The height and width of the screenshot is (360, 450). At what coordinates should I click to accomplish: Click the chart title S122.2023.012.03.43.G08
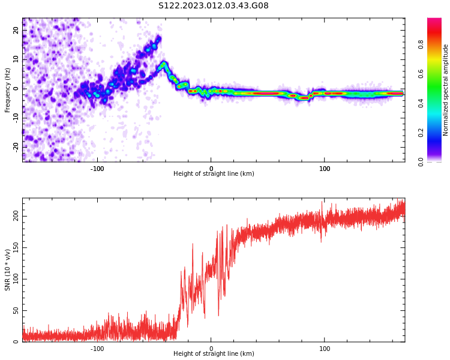point(214,6)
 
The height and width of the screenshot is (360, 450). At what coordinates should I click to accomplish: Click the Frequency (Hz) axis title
point(8,90)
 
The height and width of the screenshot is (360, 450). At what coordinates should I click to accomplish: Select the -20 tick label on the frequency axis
point(16,146)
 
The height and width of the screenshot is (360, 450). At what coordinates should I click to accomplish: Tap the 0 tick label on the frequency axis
point(16,89)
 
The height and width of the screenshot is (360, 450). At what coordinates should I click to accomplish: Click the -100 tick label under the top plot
point(97,168)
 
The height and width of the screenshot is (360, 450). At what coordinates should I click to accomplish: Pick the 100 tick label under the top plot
point(325,168)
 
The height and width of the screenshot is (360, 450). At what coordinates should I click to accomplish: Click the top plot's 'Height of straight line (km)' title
point(214,174)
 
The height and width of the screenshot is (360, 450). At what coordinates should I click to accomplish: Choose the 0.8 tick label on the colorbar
point(437,44)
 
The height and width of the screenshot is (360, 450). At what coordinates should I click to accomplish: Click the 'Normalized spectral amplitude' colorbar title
point(446,90)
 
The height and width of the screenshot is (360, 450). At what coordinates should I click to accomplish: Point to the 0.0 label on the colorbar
point(437,161)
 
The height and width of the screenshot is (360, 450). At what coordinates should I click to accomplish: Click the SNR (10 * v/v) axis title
point(8,270)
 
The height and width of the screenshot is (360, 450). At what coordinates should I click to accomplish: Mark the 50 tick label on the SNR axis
point(16,311)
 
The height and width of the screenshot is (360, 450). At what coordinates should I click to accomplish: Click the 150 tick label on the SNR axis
point(16,248)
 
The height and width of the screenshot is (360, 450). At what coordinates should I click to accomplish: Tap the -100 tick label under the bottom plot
point(97,348)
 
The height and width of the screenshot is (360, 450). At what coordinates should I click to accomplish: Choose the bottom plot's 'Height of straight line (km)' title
point(214,354)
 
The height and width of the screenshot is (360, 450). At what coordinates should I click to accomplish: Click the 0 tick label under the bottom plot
point(211,348)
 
